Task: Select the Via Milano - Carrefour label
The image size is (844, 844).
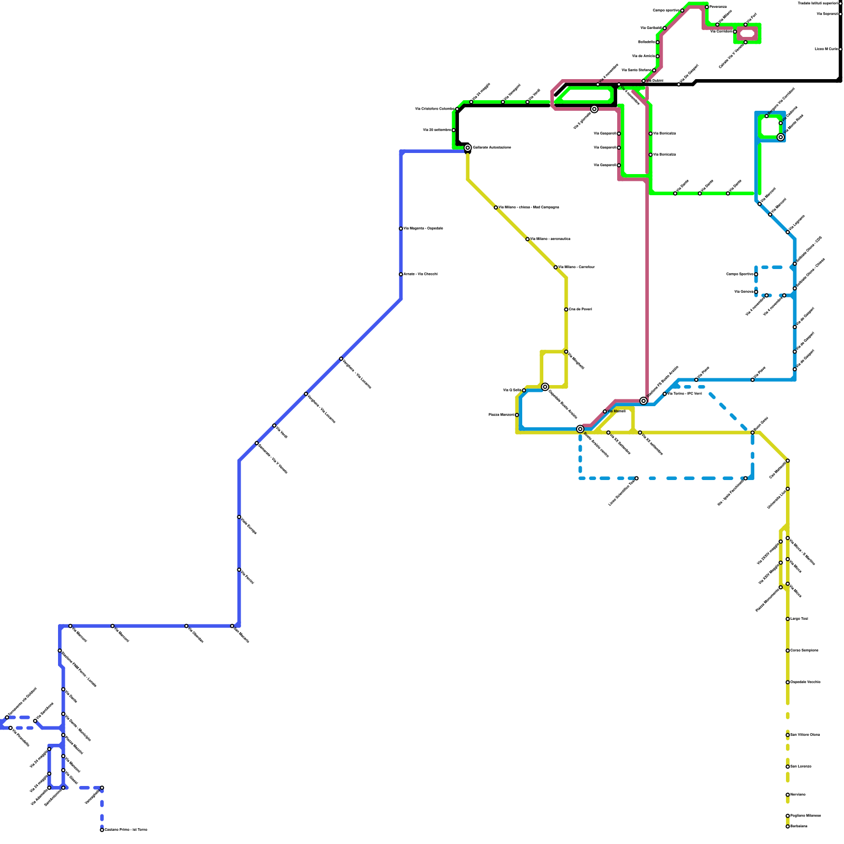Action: pos(576,267)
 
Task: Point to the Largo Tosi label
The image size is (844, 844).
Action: pos(799,619)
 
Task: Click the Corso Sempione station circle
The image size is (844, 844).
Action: pos(788,650)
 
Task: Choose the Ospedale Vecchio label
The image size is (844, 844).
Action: pos(805,682)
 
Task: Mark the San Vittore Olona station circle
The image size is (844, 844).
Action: pos(788,735)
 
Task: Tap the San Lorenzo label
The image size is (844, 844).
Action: pos(800,766)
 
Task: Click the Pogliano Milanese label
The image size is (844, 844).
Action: pos(805,816)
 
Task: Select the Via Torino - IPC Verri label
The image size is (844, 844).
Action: pos(685,394)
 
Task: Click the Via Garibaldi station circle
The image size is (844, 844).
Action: pos(665,28)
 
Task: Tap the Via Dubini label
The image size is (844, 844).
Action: pos(654,81)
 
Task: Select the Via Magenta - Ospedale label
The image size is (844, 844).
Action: pos(423,228)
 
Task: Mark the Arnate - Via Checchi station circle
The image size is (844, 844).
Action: pos(401,274)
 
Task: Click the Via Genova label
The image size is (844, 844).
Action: pos(743,292)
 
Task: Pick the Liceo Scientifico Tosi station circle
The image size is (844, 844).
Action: pos(637,478)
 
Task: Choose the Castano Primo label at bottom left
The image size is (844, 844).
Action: pos(126,830)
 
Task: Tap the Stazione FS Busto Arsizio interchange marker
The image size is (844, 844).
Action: pos(644,401)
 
